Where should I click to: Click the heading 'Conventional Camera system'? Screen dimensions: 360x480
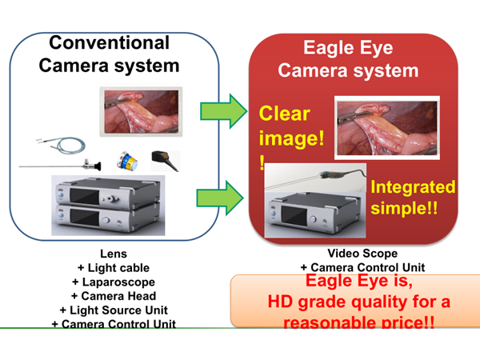110,54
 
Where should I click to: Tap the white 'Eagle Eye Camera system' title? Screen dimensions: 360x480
347,59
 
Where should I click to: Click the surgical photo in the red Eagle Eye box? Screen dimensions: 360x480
387,127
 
